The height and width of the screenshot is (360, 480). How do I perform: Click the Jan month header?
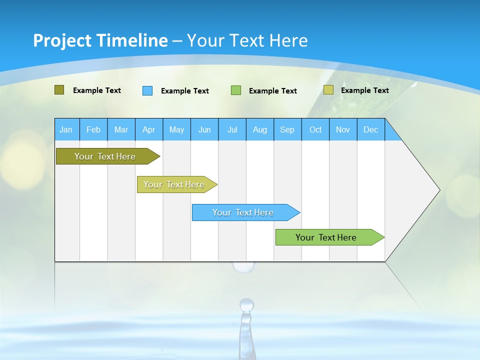pos(66,129)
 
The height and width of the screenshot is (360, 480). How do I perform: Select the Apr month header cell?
pos(148,129)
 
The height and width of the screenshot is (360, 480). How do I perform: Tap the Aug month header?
pos(259,129)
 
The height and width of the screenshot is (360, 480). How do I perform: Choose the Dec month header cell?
pos(370,129)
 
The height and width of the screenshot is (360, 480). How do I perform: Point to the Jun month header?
pos(204,129)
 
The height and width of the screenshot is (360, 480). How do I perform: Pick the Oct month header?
pos(315,129)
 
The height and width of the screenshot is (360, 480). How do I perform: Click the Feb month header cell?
pos(93,129)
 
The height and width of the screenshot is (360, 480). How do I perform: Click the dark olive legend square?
pos(59,90)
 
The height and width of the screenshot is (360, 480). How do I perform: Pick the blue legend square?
pos(147,90)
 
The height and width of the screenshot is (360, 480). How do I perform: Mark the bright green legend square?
pos(236,90)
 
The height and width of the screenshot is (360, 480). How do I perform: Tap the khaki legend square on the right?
pos(328,90)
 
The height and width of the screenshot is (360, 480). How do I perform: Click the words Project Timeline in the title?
pos(100,40)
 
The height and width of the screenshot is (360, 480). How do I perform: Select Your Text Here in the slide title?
pos(247,40)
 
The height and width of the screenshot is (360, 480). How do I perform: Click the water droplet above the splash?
pos(246,304)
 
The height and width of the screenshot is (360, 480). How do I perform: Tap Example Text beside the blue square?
pos(184,91)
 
